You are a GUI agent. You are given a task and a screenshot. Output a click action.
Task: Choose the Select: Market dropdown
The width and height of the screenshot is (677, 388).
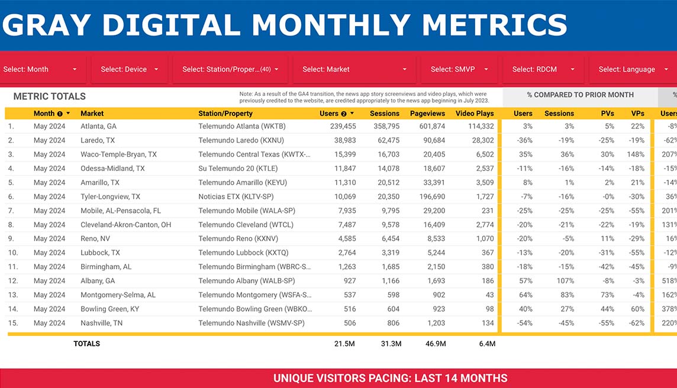[354, 69]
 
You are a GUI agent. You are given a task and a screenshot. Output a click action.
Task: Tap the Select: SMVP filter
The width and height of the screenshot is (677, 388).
[459, 69]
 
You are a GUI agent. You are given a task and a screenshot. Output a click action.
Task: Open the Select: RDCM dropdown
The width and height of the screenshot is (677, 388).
[543, 69]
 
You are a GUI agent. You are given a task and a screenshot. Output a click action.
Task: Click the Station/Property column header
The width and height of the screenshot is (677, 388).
[225, 114]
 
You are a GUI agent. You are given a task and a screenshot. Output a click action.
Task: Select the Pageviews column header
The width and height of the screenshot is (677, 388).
[427, 114]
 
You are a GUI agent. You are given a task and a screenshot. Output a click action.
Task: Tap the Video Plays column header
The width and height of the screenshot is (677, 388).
[475, 114]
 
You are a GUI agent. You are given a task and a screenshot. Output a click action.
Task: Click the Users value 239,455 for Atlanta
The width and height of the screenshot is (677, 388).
[343, 127]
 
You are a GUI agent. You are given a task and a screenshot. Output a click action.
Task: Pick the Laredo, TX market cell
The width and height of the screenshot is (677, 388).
[98, 140]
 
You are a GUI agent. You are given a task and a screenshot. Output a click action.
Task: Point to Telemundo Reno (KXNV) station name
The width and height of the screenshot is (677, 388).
[238, 239]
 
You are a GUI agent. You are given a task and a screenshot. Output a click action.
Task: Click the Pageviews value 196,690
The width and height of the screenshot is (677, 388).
[432, 197]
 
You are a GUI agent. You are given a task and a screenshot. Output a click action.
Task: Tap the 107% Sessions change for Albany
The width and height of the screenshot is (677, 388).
[565, 281]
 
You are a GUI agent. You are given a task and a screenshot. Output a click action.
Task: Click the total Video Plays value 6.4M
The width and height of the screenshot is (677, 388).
[487, 344]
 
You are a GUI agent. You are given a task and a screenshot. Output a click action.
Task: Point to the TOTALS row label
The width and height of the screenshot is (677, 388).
[87, 344]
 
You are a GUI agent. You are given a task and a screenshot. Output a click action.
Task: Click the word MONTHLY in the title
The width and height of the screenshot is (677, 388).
[331, 25]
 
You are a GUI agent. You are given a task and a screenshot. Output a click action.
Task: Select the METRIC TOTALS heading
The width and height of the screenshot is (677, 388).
[50, 96]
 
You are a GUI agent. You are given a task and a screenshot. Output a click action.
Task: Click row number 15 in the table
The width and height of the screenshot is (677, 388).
[12, 324]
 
